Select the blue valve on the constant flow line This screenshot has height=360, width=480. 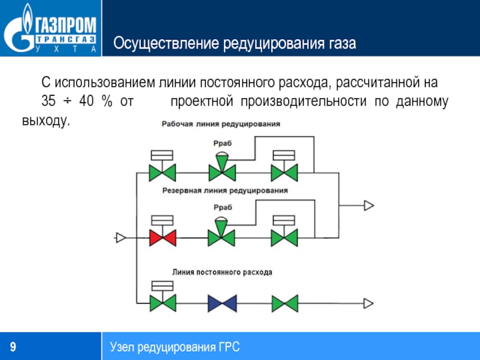(x=221, y=303)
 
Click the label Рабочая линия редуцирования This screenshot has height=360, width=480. (x=221, y=124)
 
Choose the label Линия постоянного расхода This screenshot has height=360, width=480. (x=222, y=272)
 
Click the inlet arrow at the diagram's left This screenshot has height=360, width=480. (x=120, y=238)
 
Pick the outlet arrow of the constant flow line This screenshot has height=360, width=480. (x=368, y=303)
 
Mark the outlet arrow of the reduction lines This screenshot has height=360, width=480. (x=368, y=205)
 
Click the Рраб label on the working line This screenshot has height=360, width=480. (x=222, y=143)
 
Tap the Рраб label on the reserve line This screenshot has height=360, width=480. (x=222, y=207)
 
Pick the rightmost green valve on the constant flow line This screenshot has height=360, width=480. (x=284, y=303)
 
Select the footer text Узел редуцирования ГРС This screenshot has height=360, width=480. (x=175, y=347)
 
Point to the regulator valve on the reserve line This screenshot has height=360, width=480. (x=221, y=235)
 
